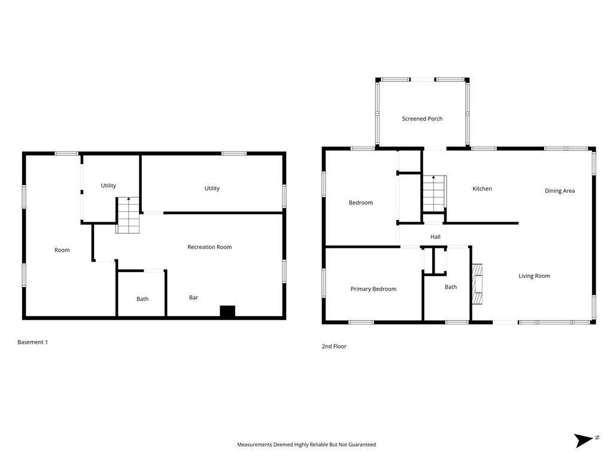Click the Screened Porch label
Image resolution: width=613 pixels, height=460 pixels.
click(x=422, y=119)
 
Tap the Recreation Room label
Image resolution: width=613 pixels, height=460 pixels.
click(x=210, y=247)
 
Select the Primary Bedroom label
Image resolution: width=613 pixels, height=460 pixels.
click(x=374, y=289)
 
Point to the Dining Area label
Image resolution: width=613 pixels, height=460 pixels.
click(x=560, y=191)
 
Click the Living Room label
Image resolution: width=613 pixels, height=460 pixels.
click(x=534, y=276)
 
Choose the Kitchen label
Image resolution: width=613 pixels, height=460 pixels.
click(x=482, y=189)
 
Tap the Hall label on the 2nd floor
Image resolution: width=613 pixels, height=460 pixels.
click(x=435, y=237)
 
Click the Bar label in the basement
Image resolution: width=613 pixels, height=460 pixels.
click(x=193, y=298)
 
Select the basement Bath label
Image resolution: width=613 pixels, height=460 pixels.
click(x=142, y=299)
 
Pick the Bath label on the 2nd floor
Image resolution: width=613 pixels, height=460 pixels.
click(x=451, y=287)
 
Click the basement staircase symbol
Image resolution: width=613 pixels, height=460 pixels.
click(x=128, y=216)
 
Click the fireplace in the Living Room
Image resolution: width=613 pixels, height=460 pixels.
click(x=477, y=284)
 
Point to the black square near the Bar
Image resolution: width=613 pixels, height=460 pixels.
click(x=227, y=311)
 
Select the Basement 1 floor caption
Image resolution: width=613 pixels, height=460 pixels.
click(x=32, y=342)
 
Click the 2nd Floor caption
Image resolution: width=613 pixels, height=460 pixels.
click(x=334, y=346)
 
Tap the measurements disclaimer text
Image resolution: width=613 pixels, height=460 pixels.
click(x=306, y=444)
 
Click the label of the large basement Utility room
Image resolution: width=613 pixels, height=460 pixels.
click(x=212, y=188)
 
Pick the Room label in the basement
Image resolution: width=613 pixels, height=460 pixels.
click(x=62, y=250)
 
